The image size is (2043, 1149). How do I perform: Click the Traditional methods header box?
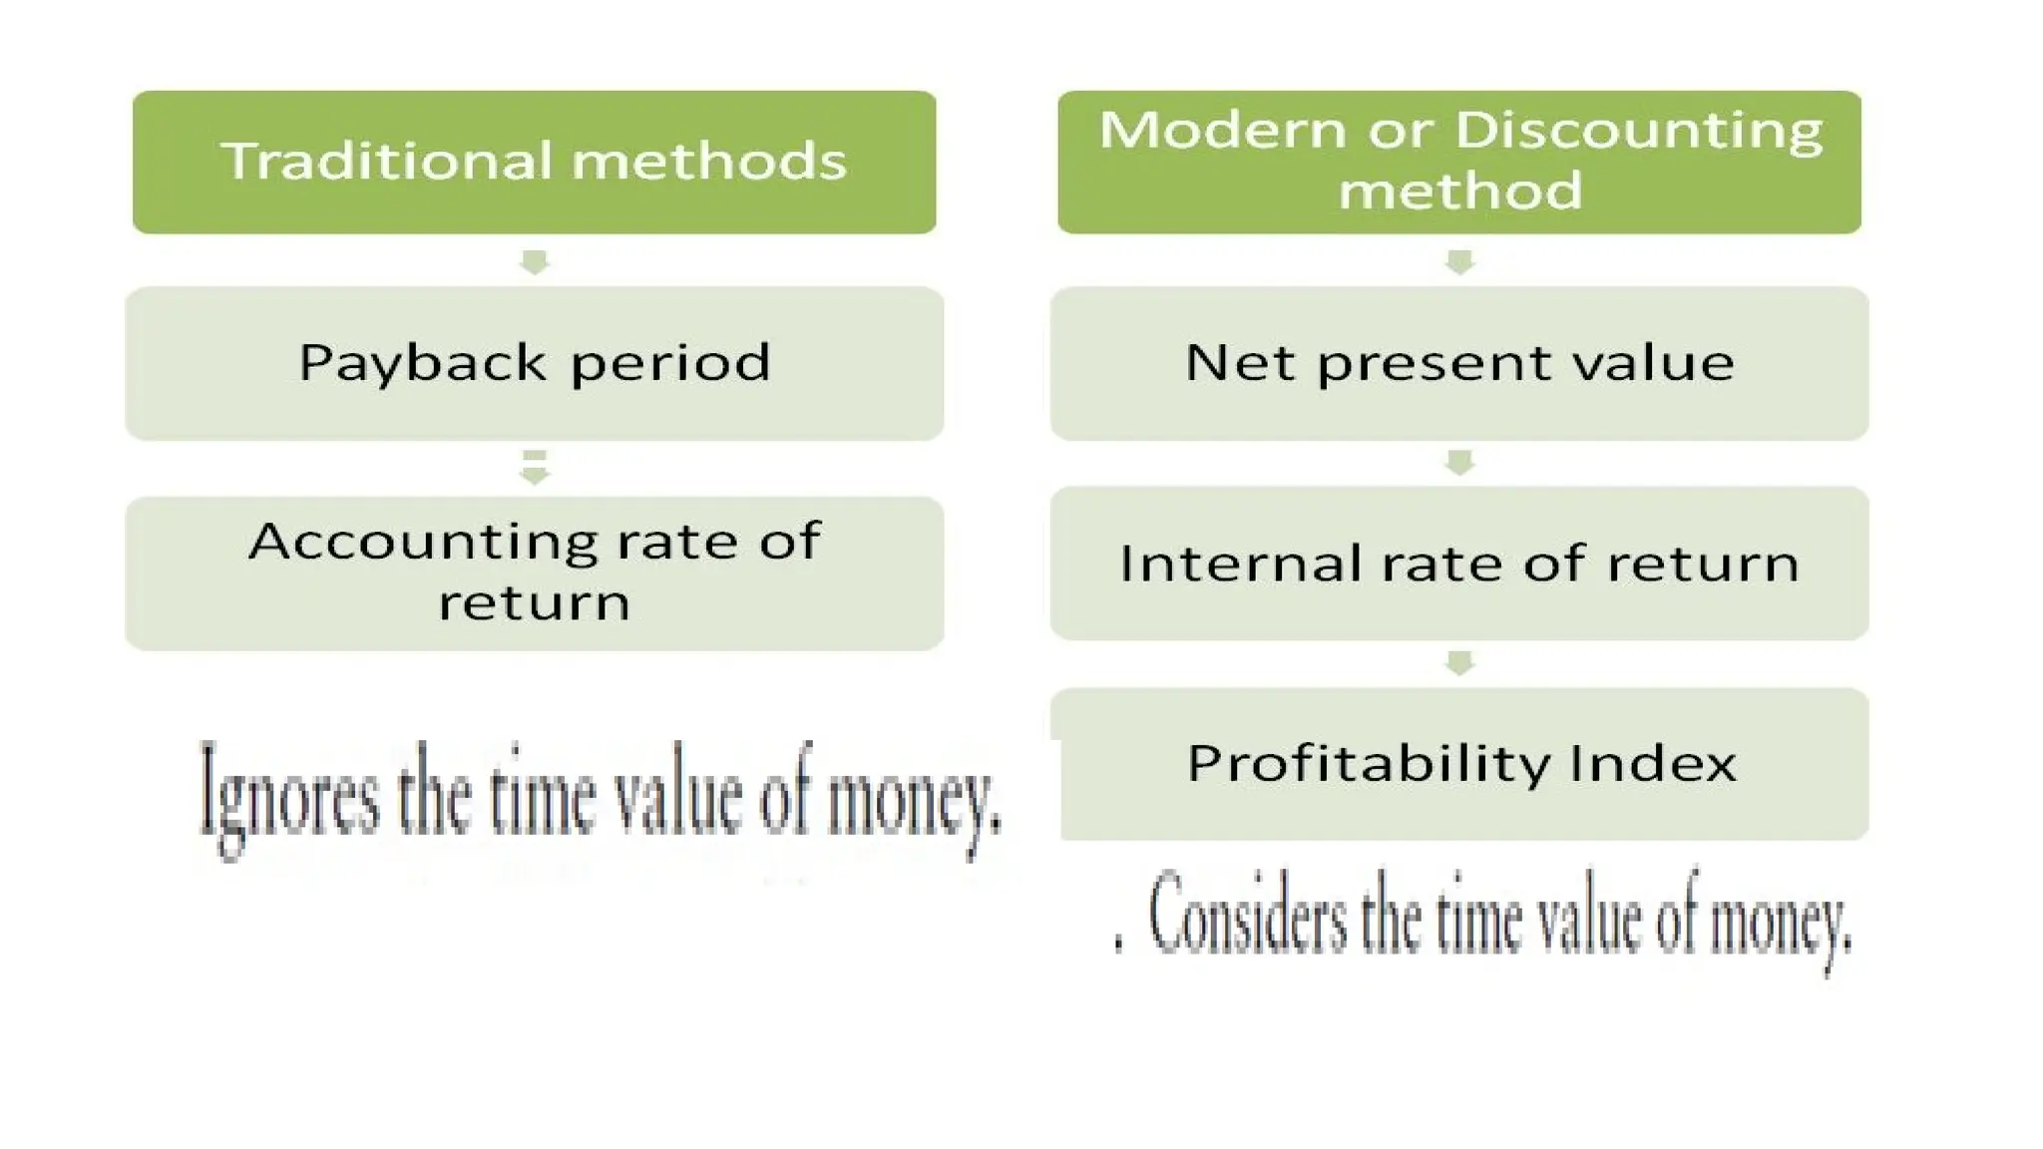coord(534,162)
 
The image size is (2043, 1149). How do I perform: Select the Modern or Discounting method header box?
coord(1458,162)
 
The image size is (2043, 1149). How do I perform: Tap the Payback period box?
coord(534,363)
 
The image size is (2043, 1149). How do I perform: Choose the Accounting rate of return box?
coord(534,573)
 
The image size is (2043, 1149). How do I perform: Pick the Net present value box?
coord(1458,363)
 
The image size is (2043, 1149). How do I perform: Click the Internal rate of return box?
coord(1458,563)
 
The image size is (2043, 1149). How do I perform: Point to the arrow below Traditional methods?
coord(535,262)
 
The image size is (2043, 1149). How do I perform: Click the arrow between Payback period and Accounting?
coord(535,468)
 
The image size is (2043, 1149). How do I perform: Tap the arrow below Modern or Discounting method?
coord(1459,262)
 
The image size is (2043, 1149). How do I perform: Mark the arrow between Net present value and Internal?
coord(1459,463)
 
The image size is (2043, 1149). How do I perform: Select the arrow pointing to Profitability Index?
coord(1459,663)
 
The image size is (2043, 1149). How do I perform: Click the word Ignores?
coord(289,798)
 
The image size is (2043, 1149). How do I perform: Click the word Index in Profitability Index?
coord(1653,764)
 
